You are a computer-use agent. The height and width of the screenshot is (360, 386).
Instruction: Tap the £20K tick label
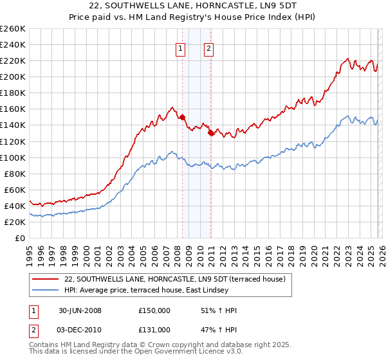tap(15, 222)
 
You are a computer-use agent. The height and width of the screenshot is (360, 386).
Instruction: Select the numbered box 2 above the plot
tap(210, 48)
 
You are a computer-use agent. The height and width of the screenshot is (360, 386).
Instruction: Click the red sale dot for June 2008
tap(183, 117)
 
